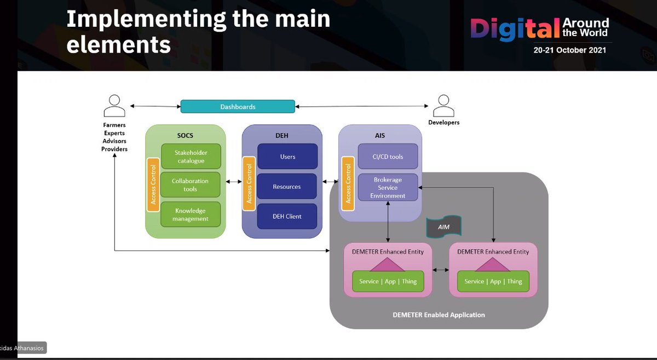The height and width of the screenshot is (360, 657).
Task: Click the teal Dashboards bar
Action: [x=238, y=107]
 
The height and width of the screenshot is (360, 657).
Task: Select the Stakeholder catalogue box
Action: [x=191, y=156]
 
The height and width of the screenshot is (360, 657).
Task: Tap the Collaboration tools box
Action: [x=191, y=185]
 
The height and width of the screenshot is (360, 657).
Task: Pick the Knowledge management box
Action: [x=191, y=214]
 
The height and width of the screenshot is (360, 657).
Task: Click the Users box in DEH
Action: [x=287, y=156]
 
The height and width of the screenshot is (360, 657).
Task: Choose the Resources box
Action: [x=287, y=187]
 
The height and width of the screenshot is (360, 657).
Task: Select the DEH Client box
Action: [x=287, y=216]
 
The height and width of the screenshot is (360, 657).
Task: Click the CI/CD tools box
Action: [x=388, y=156]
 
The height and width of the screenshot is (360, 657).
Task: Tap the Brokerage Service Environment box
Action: [x=388, y=187]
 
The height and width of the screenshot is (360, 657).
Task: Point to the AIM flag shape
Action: [x=444, y=227]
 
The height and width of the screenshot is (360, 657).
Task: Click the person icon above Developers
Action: [x=443, y=106]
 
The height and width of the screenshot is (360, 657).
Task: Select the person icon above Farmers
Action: [x=114, y=106]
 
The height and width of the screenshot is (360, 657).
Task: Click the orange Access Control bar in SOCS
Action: [x=153, y=185]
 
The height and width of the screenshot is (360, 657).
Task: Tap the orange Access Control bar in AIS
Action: [x=348, y=184]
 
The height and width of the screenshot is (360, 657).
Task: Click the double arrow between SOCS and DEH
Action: [x=234, y=182]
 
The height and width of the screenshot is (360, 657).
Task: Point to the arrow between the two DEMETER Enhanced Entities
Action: [x=441, y=270]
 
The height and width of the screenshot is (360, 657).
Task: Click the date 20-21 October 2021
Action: [x=569, y=50]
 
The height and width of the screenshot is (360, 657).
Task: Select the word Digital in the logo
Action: [x=515, y=29]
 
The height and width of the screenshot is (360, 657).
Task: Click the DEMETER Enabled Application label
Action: [x=439, y=315]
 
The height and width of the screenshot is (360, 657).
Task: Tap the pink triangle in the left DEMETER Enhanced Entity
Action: [x=388, y=265]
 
